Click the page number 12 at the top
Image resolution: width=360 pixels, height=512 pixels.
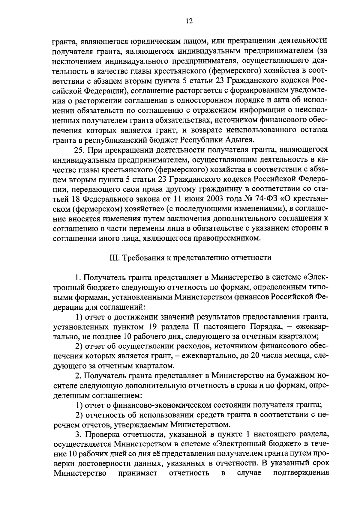(x=189, y=21)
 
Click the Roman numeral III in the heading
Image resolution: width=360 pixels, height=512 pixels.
(x=113, y=258)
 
